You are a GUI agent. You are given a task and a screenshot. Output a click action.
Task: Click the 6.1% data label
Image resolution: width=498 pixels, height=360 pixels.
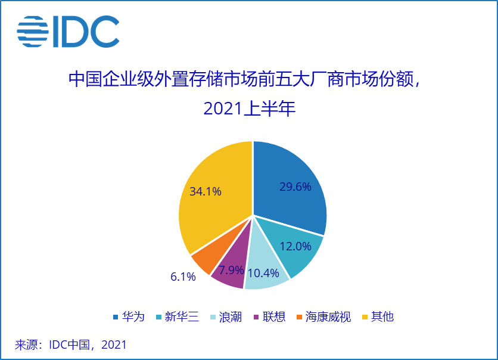tap(183, 277)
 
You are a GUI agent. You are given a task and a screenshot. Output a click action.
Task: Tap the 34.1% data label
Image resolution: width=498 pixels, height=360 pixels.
tap(206, 191)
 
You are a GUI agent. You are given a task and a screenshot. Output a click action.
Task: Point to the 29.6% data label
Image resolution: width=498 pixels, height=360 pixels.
tap(295, 187)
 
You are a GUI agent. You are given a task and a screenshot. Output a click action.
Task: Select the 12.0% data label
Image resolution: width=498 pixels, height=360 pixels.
tap(296, 246)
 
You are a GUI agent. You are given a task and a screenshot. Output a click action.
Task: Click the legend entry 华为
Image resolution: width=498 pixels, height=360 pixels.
tap(129, 316)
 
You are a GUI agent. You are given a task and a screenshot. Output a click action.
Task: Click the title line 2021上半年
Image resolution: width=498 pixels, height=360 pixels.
tap(249, 109)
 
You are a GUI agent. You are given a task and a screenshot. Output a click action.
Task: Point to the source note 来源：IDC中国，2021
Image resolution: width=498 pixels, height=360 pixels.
tap(71, 345)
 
